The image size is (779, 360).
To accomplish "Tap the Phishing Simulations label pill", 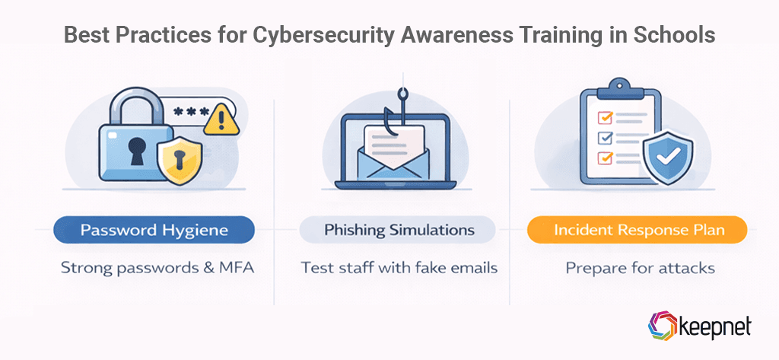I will coord(399,230).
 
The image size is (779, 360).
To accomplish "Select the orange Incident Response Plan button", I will coord(638,230).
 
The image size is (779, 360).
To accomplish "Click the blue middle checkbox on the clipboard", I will coord(606,138).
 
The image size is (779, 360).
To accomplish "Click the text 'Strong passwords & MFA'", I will coord(153,268).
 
